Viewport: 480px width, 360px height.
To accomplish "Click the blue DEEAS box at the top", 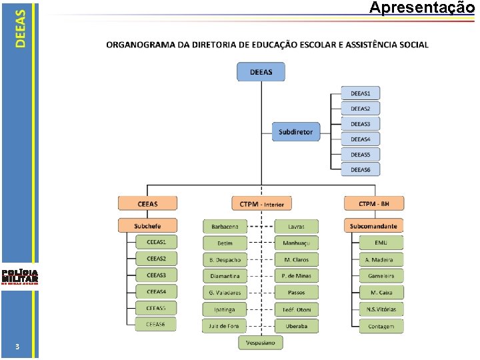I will point(261,72).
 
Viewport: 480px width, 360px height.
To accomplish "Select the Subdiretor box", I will point(296,131).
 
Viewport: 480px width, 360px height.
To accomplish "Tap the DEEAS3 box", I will point(361,123).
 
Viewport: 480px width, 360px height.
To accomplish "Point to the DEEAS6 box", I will point(361,169).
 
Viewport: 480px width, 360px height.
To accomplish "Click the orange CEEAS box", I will point(147,203).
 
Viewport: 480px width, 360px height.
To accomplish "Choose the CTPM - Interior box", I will point(261,203).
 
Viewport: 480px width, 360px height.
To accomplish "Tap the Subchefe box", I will point(147,226).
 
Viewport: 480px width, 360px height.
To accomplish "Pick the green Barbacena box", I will point(225,227).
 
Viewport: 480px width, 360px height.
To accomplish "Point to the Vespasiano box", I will point(261,342).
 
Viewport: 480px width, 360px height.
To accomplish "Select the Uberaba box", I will point(297,326).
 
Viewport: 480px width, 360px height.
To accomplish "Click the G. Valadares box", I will point(225,293).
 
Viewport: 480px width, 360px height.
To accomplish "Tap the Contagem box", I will point(381,326).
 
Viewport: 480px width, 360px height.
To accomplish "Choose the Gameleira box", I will point(381,276).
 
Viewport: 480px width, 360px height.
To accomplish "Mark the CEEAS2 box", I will point(156,259).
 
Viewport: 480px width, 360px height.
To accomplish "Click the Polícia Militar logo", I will point(20,276).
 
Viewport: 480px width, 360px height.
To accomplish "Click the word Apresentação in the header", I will point(421,8).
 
